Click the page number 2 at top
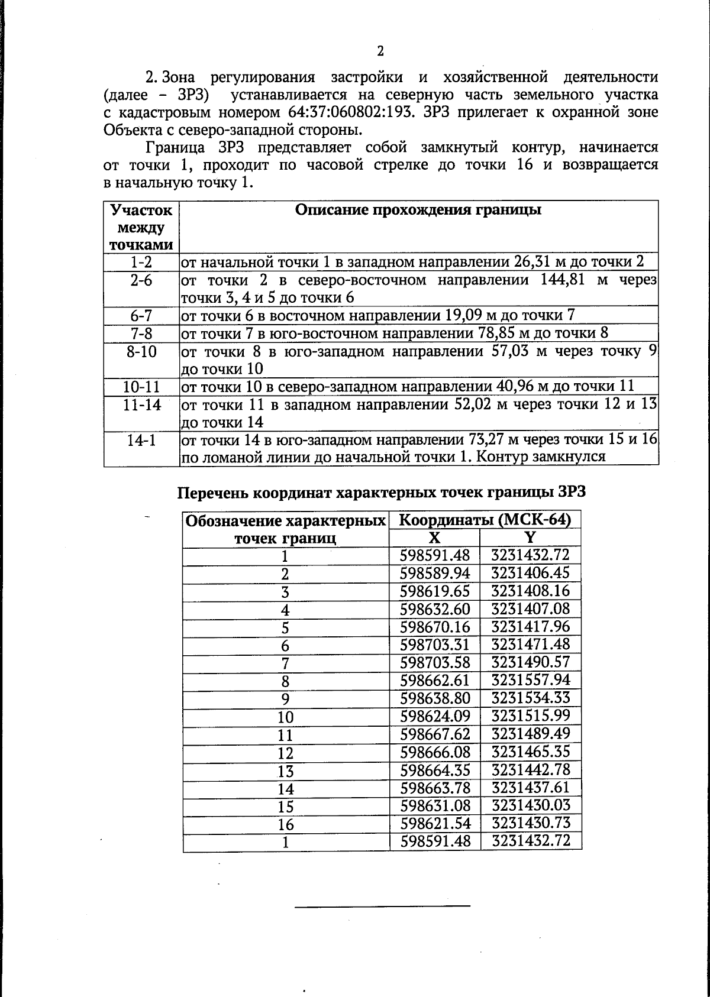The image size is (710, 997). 380,51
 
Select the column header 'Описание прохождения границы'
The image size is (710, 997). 418,211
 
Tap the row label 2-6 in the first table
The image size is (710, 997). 141,280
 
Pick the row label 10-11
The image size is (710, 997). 141,387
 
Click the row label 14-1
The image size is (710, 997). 141,441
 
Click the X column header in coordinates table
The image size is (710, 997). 434,537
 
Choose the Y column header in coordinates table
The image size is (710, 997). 530,537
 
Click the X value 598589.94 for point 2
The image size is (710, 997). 435,573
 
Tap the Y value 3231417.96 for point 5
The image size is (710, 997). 531,626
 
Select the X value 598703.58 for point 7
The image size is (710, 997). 435,662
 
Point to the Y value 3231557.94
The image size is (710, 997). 531,680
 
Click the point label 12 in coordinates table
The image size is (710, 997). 286,753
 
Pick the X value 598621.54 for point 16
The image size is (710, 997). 435,823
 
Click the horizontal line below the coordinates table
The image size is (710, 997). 382,905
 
